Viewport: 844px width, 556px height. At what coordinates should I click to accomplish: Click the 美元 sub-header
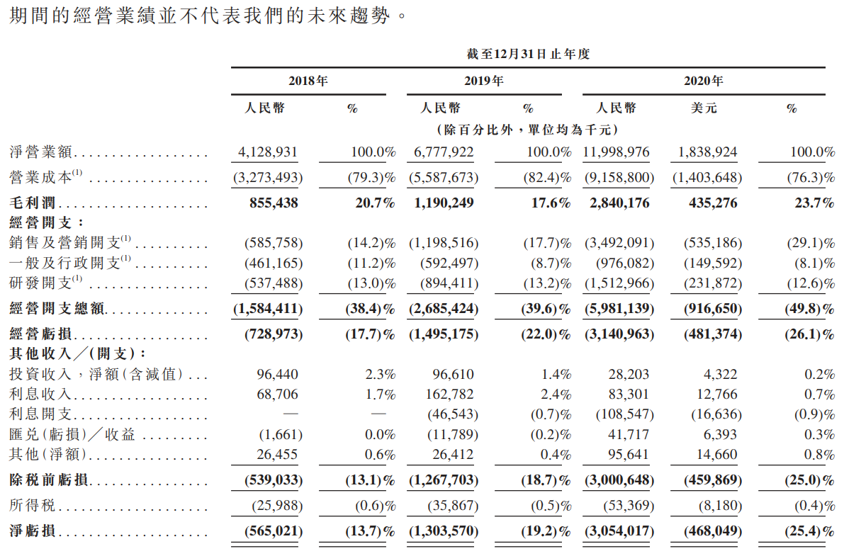tap(703, 108)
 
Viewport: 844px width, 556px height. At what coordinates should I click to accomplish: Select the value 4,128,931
tap(269, 152)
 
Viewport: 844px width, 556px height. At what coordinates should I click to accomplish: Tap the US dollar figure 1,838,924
tap(707, 152)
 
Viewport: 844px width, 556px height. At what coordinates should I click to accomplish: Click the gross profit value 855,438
tap(274, 203)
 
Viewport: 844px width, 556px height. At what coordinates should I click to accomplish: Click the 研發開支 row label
tap(41, 283)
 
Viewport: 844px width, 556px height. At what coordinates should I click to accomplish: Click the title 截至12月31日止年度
tap(528, 54)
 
